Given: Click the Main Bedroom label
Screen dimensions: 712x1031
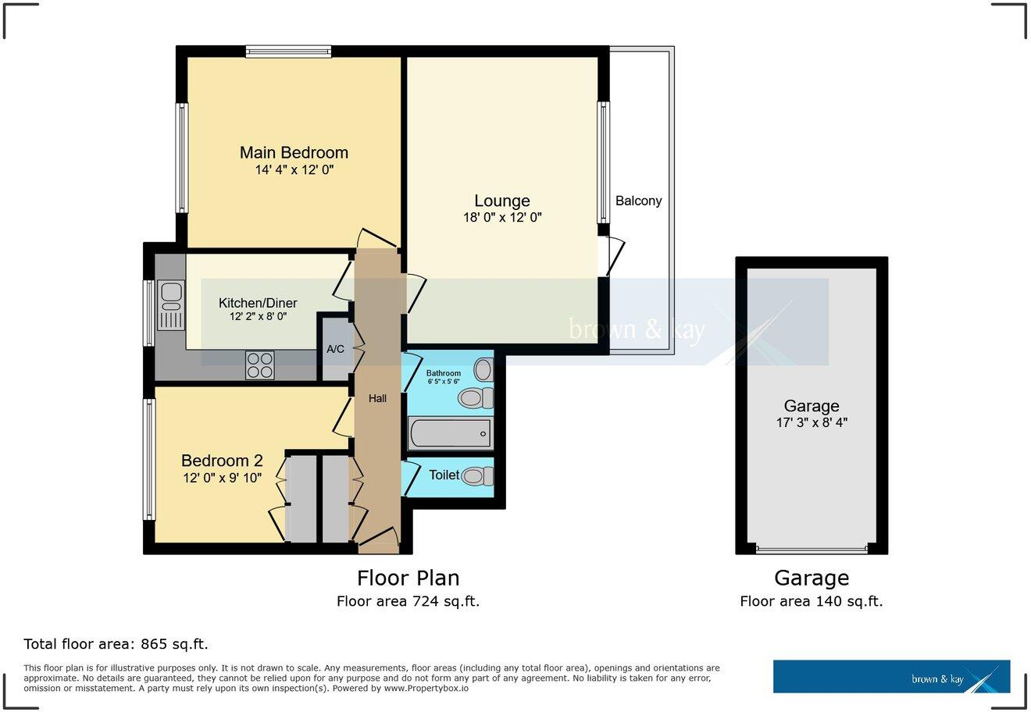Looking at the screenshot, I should tap(294, 152).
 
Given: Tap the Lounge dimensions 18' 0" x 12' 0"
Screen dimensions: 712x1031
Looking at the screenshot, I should tap(502, 219).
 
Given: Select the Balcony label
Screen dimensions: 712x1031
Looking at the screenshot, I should tap(638, 201).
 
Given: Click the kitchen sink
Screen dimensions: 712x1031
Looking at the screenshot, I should tap(170, 305).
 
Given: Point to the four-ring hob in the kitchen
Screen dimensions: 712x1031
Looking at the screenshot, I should tap(260, 365).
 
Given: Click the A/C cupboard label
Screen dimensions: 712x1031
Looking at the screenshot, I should tap(335, 349).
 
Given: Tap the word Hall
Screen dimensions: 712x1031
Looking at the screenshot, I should tap(377, 398).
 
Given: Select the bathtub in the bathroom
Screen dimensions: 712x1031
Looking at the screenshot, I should tap(450, 433).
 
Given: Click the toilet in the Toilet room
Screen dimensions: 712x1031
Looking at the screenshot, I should tap(477, 475).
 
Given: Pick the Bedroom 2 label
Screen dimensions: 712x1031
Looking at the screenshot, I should tap(222, 461).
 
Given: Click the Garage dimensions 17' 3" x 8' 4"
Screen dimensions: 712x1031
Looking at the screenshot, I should tap(812, 422).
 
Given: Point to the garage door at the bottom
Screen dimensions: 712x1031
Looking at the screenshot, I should tap(812, 550).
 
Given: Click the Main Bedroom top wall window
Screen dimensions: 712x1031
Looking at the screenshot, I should tap(288, 52).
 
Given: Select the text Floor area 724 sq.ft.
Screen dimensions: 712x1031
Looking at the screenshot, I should tap(408, 601).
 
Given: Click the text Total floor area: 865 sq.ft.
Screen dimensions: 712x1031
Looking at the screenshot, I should tap(116, 644).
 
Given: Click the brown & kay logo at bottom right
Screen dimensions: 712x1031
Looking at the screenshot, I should tap(891, 677).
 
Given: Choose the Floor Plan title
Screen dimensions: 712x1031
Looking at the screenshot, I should tap(408, 578).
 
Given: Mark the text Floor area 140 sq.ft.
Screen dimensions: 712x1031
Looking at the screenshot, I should tap(812, 601).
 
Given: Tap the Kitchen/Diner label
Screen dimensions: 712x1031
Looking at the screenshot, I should tap(258, 303).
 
